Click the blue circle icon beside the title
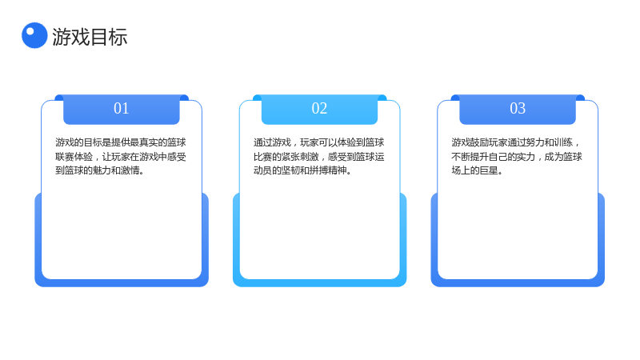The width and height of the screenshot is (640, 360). coord(34,35)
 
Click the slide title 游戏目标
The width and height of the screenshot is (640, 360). coord(90,37)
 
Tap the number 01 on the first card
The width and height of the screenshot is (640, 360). coord(122,109)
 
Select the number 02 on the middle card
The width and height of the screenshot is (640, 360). coord(319,109)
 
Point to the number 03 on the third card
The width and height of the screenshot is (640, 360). coord(518,109)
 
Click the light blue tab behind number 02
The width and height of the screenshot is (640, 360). coord(319,110)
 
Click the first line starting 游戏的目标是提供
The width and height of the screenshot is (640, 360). coord(121,142)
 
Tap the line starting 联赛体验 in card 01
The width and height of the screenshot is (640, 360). coord(121,157)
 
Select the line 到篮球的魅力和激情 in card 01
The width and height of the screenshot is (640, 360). coord(99,170)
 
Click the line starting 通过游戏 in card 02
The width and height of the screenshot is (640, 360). coord(318,142)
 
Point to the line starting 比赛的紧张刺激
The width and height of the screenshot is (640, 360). coord(318,157)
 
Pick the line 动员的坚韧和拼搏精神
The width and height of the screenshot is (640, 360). coord(302,170)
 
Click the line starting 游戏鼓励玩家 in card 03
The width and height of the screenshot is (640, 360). coord(516,142)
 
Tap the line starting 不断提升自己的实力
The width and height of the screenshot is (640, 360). coord(517,157)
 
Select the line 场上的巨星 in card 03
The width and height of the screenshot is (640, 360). coord(477,170)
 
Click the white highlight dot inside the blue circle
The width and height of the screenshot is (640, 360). coord(30,30)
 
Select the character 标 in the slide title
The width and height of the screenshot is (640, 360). coord(118,37)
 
